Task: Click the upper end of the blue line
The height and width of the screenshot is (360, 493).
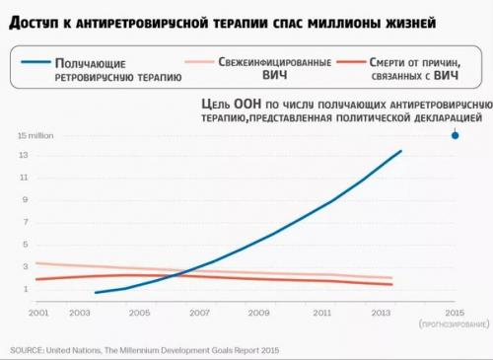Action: click(x=401, y=151)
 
